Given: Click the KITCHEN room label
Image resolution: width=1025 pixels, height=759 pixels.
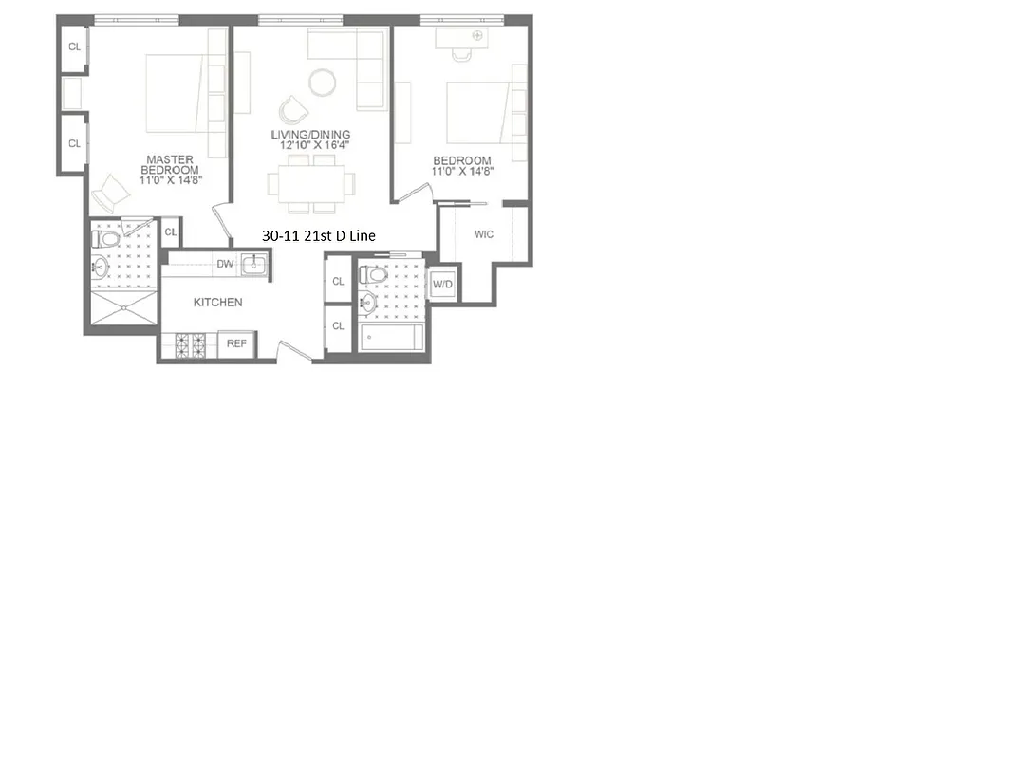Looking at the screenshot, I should (x=217, y=303).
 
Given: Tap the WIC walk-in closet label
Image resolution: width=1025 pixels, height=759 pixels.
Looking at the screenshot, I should (x=484, y=234).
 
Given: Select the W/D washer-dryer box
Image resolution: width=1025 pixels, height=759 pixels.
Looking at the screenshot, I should (x=442, y=285).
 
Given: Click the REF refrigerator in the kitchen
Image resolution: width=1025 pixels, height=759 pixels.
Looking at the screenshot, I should (x=236, y=343).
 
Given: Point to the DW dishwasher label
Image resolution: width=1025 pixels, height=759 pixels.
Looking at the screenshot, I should (x=225, y=264).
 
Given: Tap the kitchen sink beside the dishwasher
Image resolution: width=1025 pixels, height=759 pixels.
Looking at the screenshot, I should (x=253, y=264).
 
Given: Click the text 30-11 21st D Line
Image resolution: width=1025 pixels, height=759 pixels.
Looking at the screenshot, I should (x=318, y=235).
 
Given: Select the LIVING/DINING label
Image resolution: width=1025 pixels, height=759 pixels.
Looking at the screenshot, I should (x=310, y=135).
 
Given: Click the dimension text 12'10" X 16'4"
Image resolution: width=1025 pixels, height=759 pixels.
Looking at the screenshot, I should (x=310, y=146).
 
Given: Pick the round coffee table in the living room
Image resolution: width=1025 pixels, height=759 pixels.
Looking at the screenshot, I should (x=323, y=83).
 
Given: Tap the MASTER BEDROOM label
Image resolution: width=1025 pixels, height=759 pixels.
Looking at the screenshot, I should (x=171, y=164).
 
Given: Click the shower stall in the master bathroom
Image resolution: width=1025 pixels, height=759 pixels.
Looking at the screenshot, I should (x=121, y=307).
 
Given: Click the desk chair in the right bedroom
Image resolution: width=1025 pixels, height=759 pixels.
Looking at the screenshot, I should (x=462, y=54).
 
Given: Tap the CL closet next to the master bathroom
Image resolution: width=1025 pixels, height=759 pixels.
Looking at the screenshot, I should (x=171, y=231).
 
